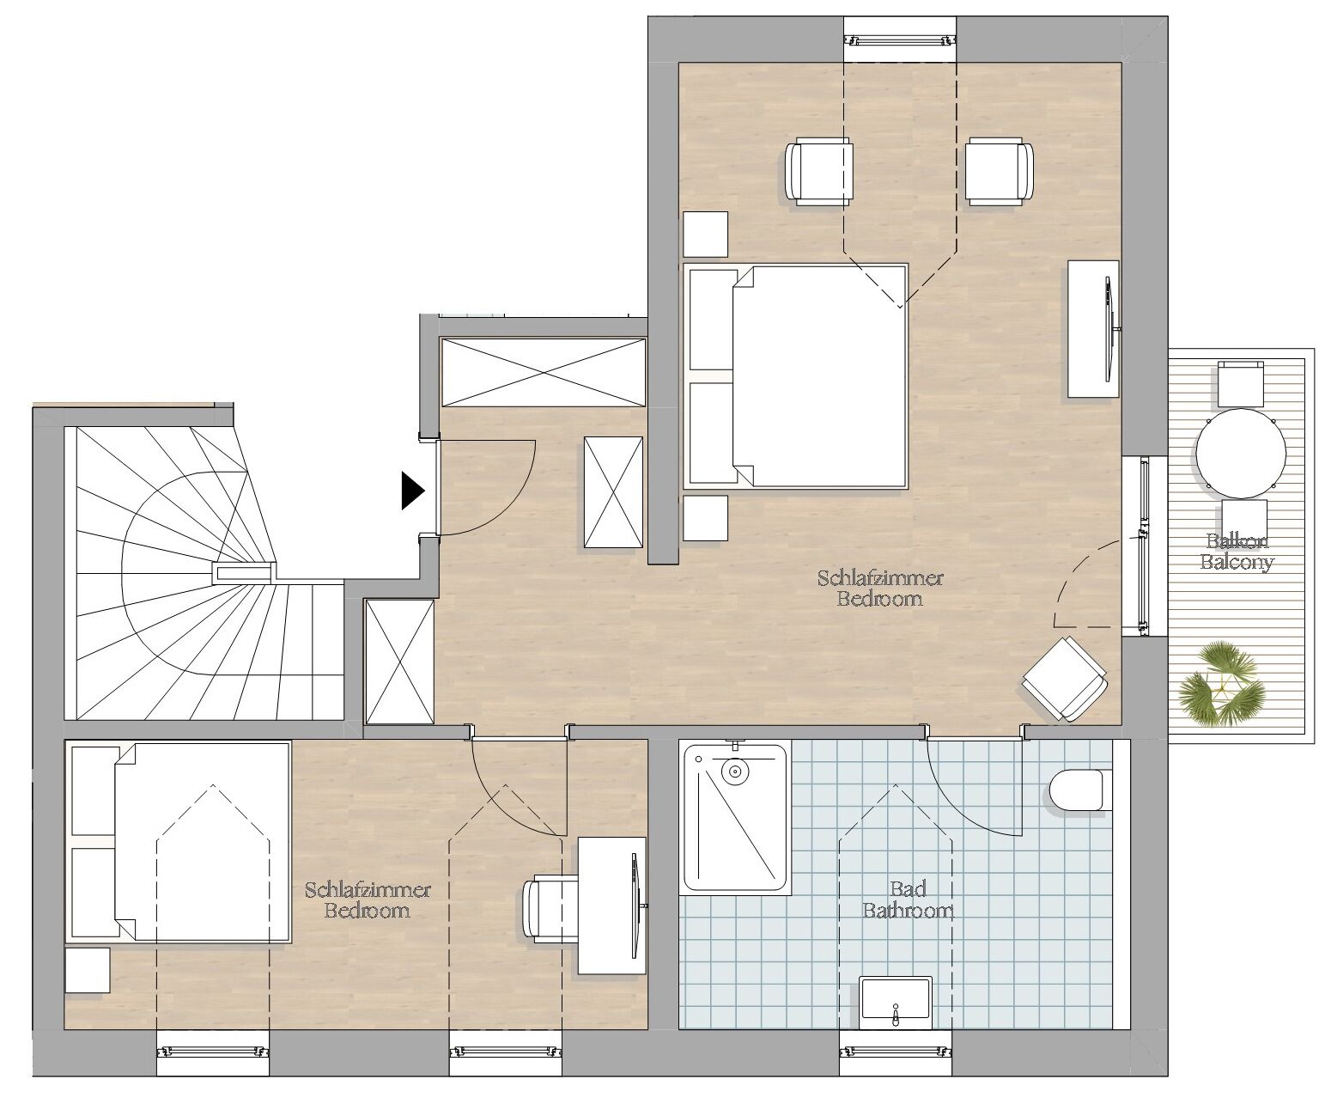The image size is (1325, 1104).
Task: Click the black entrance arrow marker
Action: click(412, 490)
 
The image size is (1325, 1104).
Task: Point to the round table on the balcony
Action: click(1241, 454)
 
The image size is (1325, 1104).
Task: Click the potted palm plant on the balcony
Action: click(1219, 685)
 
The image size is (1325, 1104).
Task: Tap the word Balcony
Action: click(1237, 562)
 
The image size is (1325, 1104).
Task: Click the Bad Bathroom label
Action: click(908, 899)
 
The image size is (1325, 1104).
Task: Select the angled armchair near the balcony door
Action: click(1066, 680)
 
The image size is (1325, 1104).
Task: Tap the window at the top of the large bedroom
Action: click(900, 40)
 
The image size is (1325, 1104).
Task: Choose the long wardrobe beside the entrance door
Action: click(544, 372)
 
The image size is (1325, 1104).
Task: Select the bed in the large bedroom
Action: click(796, 376)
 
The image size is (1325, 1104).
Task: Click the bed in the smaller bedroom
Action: click(179, 842)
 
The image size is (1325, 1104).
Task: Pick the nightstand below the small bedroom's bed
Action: click(88, 970)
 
